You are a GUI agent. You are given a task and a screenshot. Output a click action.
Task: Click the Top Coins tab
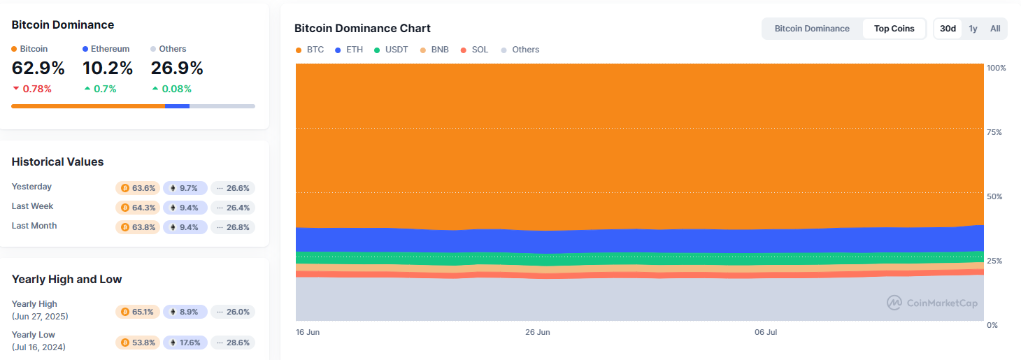pos(894,29)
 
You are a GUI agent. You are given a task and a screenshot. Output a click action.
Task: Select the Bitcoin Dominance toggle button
pos(812,29)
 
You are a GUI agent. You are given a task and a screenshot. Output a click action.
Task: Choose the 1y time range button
pos(973,29)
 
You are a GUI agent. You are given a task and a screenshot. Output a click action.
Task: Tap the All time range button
pos(995,29)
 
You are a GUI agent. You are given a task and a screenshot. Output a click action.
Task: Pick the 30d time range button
pos(948,29)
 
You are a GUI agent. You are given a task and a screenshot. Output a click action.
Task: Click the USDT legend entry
pos(391,50)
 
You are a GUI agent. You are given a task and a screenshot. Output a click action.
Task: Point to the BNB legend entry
pos(434,50)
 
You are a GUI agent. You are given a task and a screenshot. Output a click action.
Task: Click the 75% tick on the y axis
pos(995,132)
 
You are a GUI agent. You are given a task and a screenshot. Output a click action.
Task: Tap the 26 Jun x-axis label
pos(537,332)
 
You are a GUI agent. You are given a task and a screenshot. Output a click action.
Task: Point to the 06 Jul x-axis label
pos(766,332)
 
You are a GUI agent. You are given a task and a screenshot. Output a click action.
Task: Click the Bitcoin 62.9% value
pos(38,69)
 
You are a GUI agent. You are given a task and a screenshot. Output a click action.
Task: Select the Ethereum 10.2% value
pos(108,69)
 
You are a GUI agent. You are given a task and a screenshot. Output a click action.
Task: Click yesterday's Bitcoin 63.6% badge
pos(138,188)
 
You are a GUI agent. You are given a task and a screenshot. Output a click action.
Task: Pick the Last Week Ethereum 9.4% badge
pos(185,208)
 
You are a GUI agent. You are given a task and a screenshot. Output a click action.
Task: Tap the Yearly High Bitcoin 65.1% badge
pos(138,312)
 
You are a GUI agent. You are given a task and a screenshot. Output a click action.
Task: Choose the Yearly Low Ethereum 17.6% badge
pos(185,343)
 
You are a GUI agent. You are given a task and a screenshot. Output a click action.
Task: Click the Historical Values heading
pos(57,161)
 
